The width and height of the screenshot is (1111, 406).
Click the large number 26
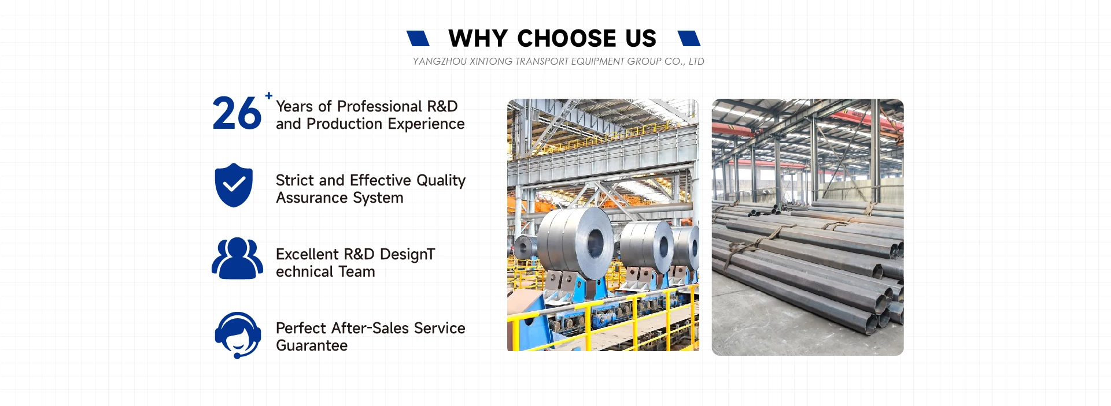tap(237, 113)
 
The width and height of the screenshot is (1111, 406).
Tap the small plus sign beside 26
tap(269, 96)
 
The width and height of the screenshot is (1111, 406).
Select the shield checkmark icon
tap(234, 185)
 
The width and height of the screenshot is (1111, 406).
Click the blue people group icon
tap(237, 258)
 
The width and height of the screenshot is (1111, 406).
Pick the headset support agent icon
tap(238, 335)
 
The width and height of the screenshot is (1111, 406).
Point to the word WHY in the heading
tap(478, 39)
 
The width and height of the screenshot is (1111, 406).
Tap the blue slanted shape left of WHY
tap(418, 38)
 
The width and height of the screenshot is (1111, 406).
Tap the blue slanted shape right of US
tap(689, 38)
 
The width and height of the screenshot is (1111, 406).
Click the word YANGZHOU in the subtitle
tap(440, 61)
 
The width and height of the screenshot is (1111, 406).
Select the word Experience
tap(426, 124)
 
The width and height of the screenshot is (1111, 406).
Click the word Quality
tap(441, 181)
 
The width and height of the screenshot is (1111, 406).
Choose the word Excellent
tap(307, 254)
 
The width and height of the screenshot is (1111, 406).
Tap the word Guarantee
tap(312, 346)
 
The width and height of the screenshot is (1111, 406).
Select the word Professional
tap(379, 106)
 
